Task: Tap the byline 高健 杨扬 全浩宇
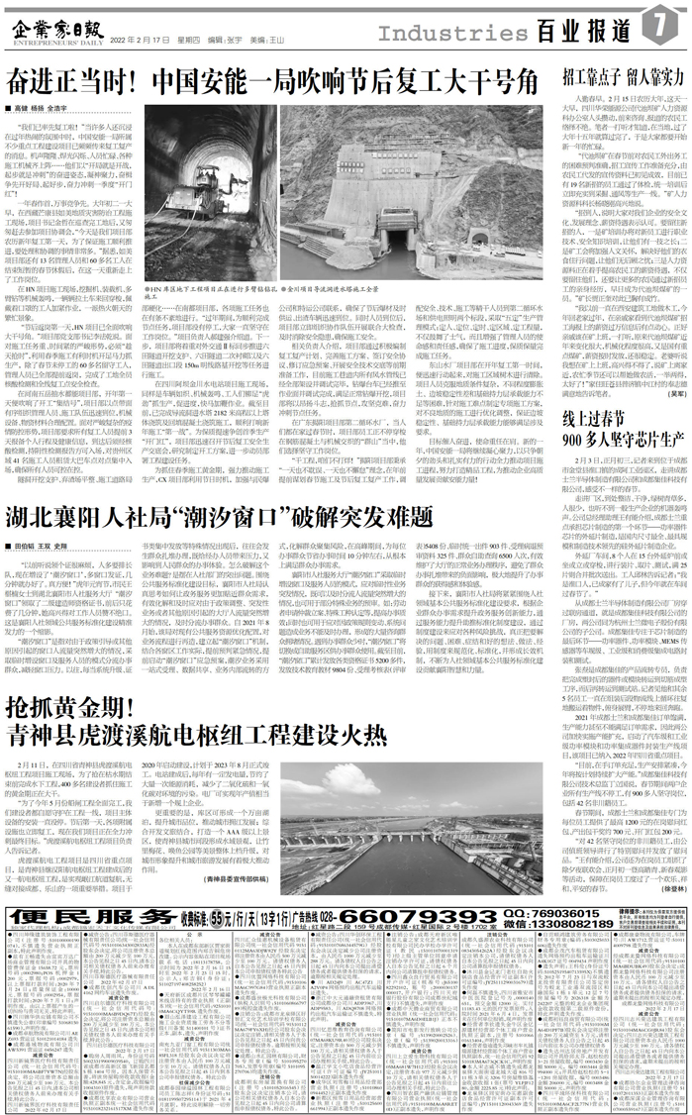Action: tap(46, 104)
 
